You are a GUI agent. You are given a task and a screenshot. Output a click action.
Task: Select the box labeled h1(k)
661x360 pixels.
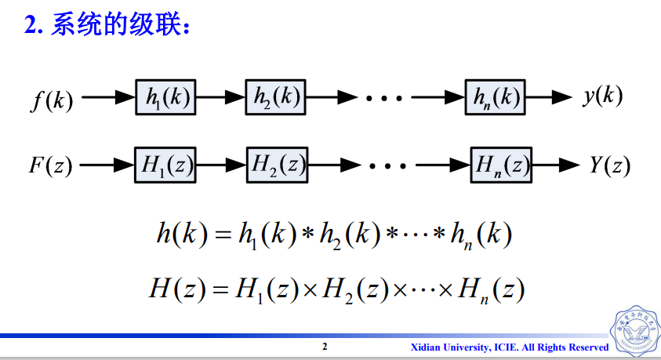(x=165, y=98)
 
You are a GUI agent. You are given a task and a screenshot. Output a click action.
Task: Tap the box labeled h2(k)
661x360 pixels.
(x=274, y=98)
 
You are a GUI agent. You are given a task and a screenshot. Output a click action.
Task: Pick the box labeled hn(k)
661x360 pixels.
(x=494, y=98)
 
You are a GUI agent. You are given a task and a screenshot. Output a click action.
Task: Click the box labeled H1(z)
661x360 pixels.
(x=165, y=165)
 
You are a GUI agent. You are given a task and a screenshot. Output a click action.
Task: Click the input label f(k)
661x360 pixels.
(x=53, y=100)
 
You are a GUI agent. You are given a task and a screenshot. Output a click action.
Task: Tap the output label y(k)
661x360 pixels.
(x=602, y=96)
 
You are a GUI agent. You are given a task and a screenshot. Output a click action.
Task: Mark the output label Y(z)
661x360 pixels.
(x=609, y=165)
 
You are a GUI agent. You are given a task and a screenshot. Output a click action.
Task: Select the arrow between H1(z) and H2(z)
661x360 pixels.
(x=221, y=165)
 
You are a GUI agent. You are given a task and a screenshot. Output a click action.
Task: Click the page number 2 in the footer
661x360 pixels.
(x=325, y=347)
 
